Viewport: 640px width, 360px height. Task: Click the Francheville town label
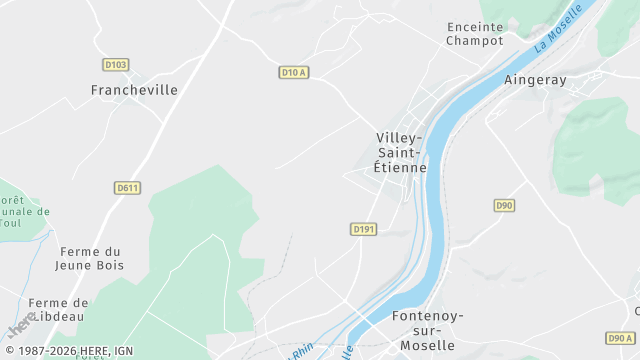pos(134,90)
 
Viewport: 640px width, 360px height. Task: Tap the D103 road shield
pos(115,65)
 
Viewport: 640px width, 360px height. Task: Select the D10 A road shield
pos(293,72)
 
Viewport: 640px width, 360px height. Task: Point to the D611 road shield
pos(127,187)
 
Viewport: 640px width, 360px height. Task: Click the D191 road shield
pos(364,229)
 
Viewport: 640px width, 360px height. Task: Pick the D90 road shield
pos(504,205)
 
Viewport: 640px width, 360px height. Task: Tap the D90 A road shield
pos(620,338)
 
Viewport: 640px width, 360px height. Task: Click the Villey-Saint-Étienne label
pos(400,152)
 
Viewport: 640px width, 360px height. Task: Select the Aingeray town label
pos(535,80)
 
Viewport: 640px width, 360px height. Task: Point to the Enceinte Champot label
pos(475,34)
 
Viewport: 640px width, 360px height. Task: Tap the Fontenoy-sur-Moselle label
pos(428,330)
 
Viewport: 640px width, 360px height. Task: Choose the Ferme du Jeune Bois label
pos(90,259)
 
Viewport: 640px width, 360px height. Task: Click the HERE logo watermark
pos(20,325)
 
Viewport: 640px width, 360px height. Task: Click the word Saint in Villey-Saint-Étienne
pos(398,152)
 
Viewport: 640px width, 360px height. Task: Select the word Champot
pos(475,41)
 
